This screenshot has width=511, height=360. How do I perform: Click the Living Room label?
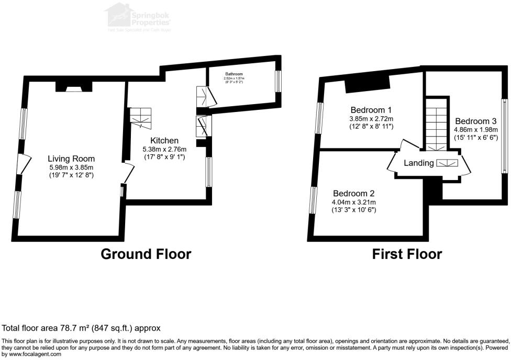tap(71, 159)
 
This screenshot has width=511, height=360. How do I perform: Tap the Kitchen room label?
tap(164, 141)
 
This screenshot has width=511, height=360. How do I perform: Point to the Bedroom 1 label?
tap(371, 110)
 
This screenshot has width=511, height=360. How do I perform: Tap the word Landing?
tap(418, 163)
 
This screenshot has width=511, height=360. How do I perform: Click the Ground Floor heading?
tap(146, 254)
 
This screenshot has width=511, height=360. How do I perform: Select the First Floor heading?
tap(407, 254)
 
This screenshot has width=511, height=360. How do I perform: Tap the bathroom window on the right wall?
tap(278, 81)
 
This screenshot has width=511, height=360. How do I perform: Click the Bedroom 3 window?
tap(504, 136)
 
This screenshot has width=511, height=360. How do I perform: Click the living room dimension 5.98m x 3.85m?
tap(71, 167)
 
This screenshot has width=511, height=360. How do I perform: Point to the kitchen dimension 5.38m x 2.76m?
tap(164, 149)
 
